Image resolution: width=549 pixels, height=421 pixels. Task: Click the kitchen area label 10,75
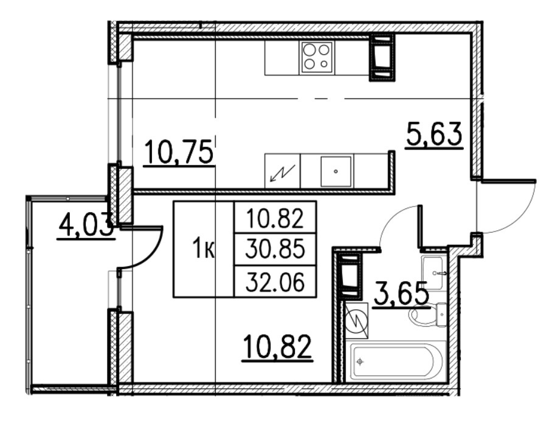coord(179,152)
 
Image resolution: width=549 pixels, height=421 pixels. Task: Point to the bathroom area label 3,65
coord(401,296)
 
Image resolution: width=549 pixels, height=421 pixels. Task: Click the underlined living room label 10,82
coord(277,347)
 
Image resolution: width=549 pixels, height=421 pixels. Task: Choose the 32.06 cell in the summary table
coord(275,281)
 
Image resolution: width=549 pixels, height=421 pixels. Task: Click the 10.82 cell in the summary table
coord(275,217)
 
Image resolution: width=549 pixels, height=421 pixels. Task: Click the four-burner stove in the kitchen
coord(317,57)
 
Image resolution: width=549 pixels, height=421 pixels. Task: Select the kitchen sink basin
coord(335,170)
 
